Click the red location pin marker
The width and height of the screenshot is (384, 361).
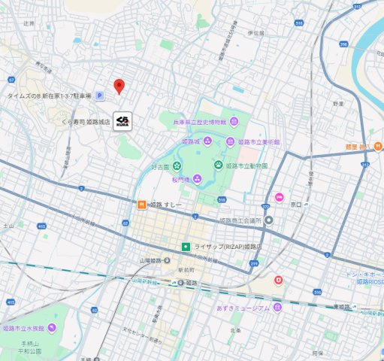[119, 86]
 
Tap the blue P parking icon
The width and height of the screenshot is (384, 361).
[98, 96]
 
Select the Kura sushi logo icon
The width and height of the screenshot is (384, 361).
[123, 121]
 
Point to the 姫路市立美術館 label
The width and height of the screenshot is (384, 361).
[259, 141]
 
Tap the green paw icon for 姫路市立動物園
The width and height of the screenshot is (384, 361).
[219, 165]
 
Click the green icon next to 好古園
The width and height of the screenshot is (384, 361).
[177, 166]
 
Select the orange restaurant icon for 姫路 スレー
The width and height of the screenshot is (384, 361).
[141, 204]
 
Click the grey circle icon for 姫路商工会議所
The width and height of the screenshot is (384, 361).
[269, 220]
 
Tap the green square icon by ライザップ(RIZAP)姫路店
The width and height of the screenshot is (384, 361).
[186, 247]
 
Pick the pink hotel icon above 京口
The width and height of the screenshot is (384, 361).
[279, 198]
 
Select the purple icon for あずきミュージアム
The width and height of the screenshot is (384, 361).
[278, 308]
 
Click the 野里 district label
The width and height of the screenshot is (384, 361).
[338, 103]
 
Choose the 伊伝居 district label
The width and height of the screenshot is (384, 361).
[255, 33]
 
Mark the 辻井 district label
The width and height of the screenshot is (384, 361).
[29, 24]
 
